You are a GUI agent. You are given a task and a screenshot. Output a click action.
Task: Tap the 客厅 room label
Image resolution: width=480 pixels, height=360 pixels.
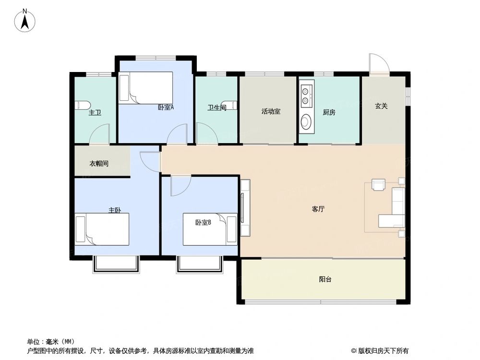coord(318,209)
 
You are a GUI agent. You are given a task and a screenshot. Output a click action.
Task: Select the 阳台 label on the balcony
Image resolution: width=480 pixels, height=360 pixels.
coord(325,279)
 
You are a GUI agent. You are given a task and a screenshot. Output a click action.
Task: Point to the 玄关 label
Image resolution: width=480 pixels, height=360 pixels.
coord(382,106)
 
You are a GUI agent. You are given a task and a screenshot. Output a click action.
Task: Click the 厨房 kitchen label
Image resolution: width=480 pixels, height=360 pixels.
coord(329,112)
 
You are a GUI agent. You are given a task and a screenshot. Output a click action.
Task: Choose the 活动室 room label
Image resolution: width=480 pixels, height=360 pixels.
coord(271,111)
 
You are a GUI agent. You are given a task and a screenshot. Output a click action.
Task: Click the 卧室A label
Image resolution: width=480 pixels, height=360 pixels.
coord(166,108)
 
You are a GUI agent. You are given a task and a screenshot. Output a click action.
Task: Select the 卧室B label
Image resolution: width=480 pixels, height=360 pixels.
coord(203,222)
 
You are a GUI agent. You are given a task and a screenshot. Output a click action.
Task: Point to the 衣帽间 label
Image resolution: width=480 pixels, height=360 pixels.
coord(99,164)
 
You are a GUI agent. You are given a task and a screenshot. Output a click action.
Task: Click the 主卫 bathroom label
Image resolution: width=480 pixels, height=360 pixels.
coord(95,113)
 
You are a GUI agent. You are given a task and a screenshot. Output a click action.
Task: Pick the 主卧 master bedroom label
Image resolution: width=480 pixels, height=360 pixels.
coord(114,210)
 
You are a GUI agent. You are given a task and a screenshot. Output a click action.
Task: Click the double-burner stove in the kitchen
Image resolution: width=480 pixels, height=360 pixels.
coord(305,96)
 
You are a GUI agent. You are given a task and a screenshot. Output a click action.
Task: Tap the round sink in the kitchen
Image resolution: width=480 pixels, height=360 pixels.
coord(305,122)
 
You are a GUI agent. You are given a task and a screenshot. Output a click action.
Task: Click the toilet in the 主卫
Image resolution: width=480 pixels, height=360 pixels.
coord(82,105)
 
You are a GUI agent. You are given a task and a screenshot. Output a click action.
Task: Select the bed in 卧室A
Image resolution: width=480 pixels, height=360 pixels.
coord(146,88)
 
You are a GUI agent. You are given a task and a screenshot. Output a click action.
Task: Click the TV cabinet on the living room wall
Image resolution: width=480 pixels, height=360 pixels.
coord(245,208)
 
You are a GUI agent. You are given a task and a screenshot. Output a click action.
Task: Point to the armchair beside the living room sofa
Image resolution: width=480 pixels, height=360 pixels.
coord(378,185)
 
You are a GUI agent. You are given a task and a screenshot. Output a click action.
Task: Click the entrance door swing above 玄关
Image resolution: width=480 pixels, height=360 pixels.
coord(378,64)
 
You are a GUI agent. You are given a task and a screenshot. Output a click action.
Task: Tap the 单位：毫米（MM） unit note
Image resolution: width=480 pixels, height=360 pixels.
coord(51,342)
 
